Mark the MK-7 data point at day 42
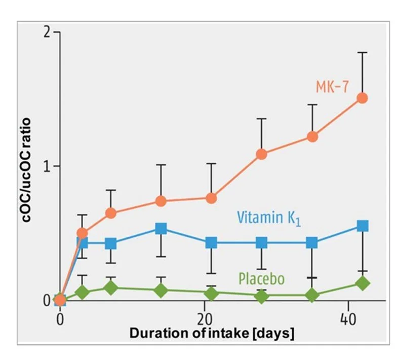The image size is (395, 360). [x=363, y=98]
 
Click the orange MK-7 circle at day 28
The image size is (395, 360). [x=262, y=154]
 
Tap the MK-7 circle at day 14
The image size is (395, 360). [x=161, y=201]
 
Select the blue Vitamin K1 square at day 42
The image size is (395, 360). [x=363, y=226]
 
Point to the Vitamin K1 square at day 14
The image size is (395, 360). [x=161, y=229]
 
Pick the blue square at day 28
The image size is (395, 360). [x=262, y=243]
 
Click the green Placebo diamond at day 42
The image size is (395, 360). [x=363, y=283]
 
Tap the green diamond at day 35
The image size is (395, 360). [x=312, y=295]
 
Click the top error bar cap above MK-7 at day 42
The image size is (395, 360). [x=363, y=52]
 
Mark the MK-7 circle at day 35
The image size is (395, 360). [x=312, y=136]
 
